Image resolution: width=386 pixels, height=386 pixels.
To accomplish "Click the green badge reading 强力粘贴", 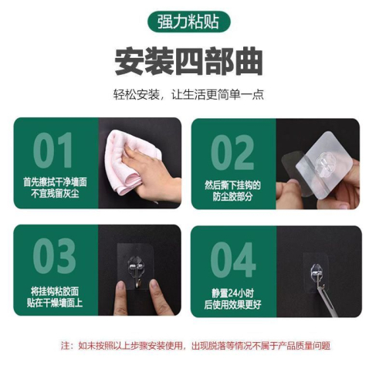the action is pyautogui.click(x=188, y=22).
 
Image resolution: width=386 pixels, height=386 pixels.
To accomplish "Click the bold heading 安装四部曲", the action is pyautogui.click(x=188, y=61).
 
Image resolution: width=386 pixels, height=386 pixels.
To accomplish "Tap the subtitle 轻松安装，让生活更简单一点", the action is pyautogui.click(x=188, y=94).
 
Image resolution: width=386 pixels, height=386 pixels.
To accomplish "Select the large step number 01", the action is pyautogui.click(x=52, y=150).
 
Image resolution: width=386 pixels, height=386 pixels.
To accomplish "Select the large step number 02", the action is pyautogui.click(x=232, y=152).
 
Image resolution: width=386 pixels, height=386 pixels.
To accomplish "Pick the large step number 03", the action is pyautogui.click(x=54, y=256).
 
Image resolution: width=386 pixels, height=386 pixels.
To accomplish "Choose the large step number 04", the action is pyautogui.click(x=233, y=259).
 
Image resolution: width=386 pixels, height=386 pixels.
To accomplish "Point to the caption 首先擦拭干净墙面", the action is pyautogui.click(x=55, y=182).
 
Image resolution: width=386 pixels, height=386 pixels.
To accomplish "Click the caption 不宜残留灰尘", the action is pyautogui.click(x=55, y=193).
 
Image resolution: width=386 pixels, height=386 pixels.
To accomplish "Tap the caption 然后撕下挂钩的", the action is pyautogui.click(x=232, y=185).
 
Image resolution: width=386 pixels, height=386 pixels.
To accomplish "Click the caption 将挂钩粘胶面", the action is pyautogui.click(x=55, y=292).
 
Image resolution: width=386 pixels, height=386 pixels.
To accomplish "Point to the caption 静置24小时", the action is pyautogui.click(x=232, y=293).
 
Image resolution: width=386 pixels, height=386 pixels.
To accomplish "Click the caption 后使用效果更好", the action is pyautogui.click(x=232, y=304).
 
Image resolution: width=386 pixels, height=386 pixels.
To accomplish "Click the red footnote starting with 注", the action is pyautogui.click(x=195, y=346).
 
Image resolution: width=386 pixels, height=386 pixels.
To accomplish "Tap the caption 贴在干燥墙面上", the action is pyautogui.click(x=55, y=303).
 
